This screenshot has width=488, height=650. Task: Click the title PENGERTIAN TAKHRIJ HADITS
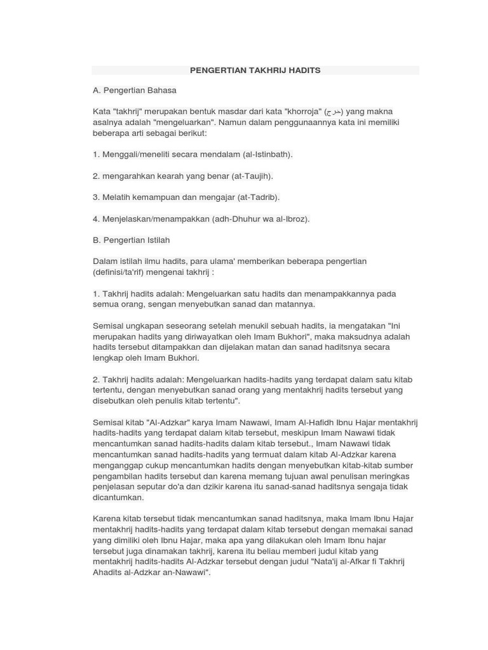point(255,70)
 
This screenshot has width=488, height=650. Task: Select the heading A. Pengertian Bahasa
point(135,90)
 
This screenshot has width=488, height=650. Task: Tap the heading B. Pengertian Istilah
point(132,240)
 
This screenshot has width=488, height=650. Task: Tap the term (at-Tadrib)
point(258,197)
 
